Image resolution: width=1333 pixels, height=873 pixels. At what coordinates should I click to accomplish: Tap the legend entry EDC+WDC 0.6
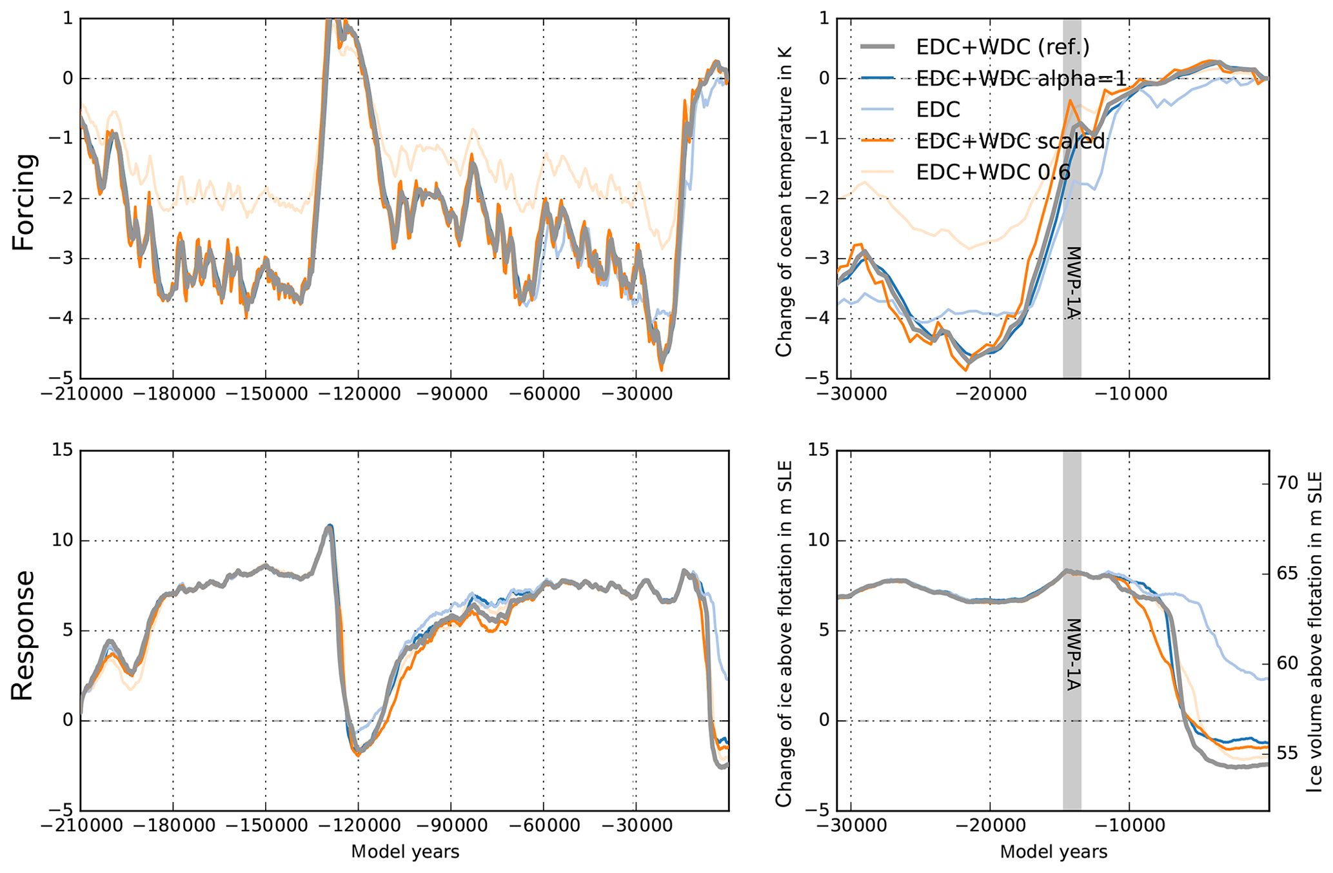[993, 172]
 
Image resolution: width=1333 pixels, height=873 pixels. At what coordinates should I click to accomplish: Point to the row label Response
[24, 634]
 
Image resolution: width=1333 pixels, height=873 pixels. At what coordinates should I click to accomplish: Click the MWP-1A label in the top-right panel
[1072, 282]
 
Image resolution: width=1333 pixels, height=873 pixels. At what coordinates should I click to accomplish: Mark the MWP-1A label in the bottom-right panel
[1072, 654]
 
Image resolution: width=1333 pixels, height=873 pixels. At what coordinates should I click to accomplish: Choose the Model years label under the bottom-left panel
[405, 852]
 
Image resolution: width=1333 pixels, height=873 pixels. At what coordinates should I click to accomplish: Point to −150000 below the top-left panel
[266, 394]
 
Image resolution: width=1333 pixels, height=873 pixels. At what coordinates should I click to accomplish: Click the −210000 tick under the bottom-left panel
[80, 827]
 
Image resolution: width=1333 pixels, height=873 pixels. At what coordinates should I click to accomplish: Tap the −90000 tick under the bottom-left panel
[451, 827]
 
